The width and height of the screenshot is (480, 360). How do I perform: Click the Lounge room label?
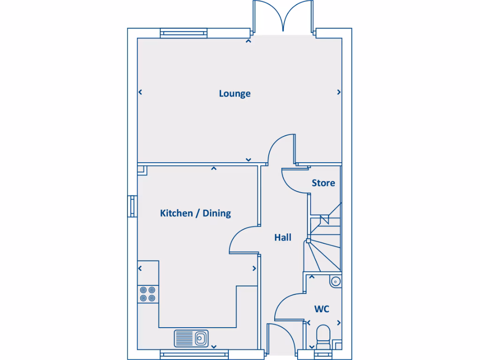234,94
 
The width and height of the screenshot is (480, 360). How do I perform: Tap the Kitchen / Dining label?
195,213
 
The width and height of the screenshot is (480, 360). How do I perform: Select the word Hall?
283,238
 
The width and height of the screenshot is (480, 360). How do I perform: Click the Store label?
323,183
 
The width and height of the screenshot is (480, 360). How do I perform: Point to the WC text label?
322,309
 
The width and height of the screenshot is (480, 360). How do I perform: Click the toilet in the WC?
323,337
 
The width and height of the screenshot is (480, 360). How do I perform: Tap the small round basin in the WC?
336,282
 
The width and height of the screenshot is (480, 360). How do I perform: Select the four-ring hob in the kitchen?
147,294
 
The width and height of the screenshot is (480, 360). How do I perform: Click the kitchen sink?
192,337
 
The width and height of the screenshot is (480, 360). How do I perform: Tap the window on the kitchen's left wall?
133,206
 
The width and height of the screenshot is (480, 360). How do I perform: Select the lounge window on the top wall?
183,33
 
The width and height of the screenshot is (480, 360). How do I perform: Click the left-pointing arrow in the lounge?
140,92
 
